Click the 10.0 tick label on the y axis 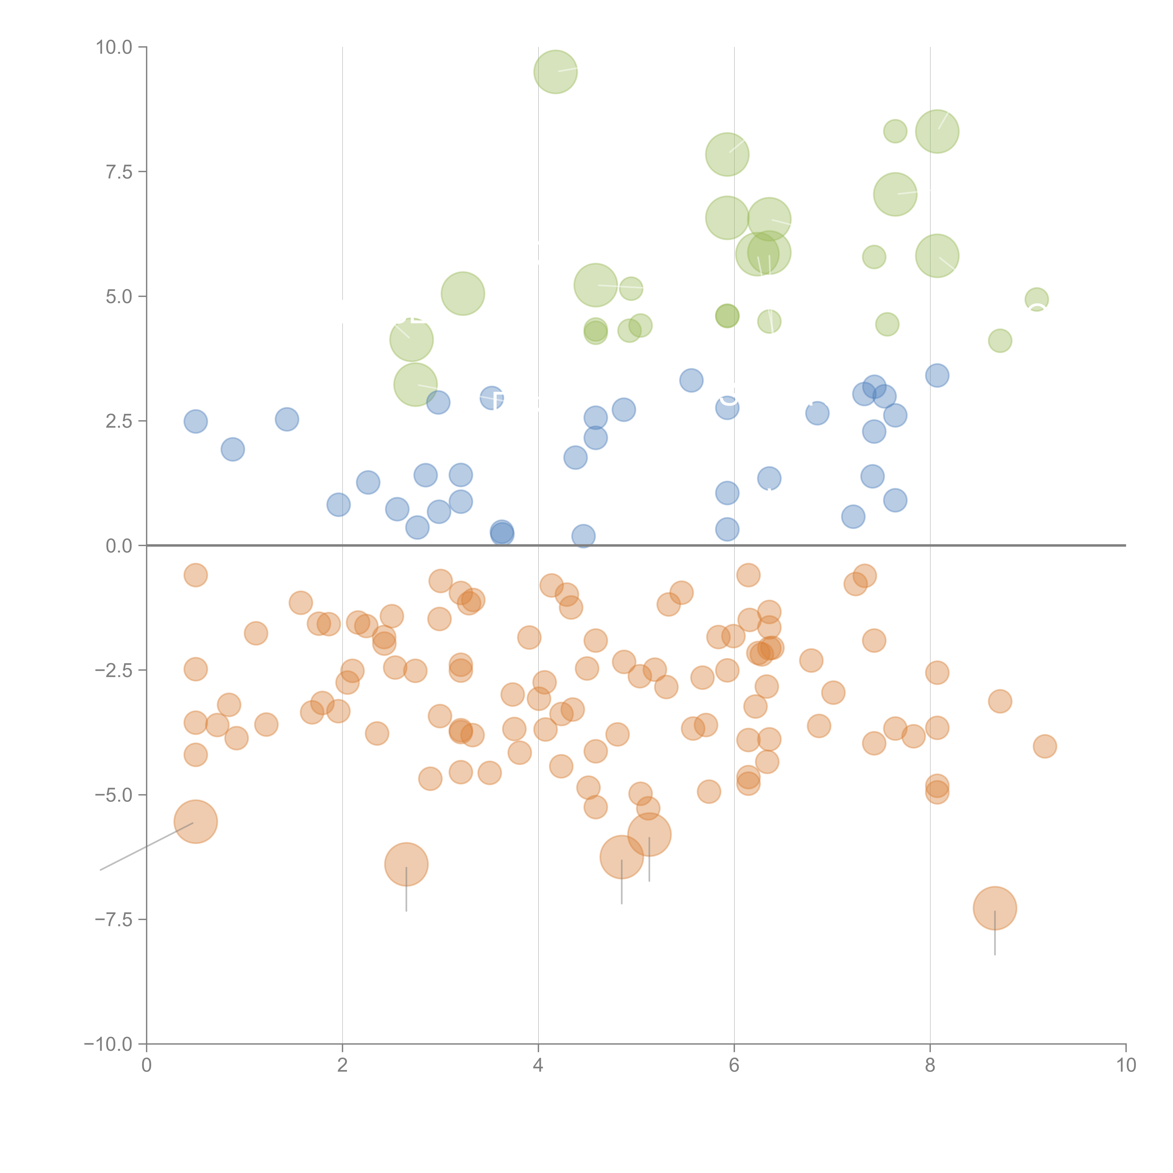[x=114, y=47]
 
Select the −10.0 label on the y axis [x=108, y=1044]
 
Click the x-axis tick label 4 [x=538, y=1066]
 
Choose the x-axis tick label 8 [x=930, y=1066]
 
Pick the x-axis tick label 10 [x=1126, y=1066]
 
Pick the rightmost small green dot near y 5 [x=1036, y=299]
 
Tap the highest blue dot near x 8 [x=937, y=375]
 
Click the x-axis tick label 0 [x=146, y=1066]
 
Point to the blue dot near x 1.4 [x=287, y=419]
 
